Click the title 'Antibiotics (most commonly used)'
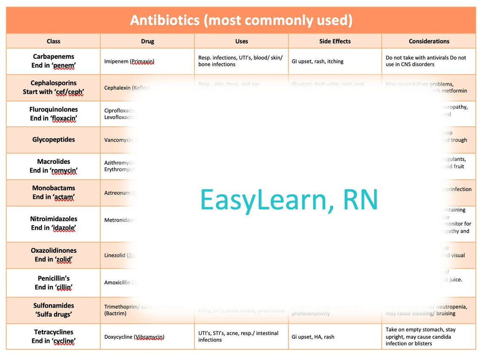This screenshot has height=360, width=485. tap(241, 20)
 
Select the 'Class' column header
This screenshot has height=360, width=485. tap(54, 41)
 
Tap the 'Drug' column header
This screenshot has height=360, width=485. tap(147, 41)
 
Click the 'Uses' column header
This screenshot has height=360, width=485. tap(241, 41)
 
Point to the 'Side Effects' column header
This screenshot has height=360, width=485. tap(335, 41)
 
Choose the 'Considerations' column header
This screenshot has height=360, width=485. tap(429, 41)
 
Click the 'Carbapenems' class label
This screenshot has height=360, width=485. tap(54, 57)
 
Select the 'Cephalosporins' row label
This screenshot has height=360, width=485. tap(54, 83)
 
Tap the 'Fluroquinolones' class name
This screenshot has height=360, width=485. tap(54, 109)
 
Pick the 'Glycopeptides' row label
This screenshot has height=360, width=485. tap(54, 140)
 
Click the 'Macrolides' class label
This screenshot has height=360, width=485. tap(54, 162)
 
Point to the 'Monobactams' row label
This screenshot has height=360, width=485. tap(54, 188)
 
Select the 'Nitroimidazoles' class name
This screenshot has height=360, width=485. tap(54, 219)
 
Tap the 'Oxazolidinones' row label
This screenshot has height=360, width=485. tap(54, 251)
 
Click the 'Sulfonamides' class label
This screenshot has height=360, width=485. tap(54, 306)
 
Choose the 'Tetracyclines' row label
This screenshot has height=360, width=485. tap(54, 332)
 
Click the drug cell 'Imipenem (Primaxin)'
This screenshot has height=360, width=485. tap(129, 61)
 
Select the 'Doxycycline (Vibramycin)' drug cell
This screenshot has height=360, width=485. tap(134, 337)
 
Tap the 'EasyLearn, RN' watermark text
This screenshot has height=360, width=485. tap(289, 200)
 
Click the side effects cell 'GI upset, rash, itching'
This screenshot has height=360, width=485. tap(317, 61)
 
